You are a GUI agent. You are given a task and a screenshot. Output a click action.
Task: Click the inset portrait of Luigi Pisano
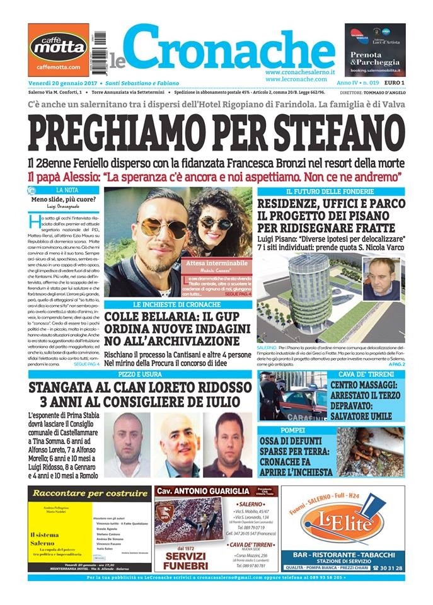pos(381,279)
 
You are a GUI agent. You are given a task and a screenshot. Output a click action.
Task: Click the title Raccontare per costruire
pos(89,492)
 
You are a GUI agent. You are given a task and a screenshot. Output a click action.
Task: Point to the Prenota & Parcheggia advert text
pos(374,60)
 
